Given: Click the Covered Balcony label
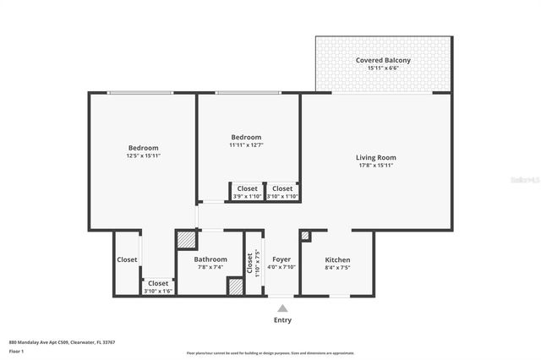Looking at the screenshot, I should (x=383, y=60).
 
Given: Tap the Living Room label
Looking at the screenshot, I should (x=375, y=157).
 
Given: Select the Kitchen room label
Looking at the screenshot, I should (x=337, y=259).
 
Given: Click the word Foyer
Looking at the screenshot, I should (x=281, y=259).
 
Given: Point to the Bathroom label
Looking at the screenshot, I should (x=210, y=259).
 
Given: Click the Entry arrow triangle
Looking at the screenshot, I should (x=281, y=308).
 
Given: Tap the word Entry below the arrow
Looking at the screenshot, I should (x=281, y=320).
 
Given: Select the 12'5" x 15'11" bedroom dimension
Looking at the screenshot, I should (x=143, y=155).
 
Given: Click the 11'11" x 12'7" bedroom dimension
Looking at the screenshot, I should (x=246, y=145).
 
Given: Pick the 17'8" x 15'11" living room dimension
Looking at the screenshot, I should (x=375, y=165).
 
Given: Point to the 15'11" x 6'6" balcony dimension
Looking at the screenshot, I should (x=383, y=68).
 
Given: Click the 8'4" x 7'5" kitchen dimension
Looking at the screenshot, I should (x=337, y=267).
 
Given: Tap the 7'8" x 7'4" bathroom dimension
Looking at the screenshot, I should (x=210, y=267).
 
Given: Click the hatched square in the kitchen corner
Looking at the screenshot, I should (x=305, y=237).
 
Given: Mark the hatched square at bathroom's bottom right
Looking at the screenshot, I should (x=236, y=286).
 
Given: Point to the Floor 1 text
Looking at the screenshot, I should (x=16, y=350).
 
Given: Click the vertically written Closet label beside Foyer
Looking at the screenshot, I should (x=250, y=262).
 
